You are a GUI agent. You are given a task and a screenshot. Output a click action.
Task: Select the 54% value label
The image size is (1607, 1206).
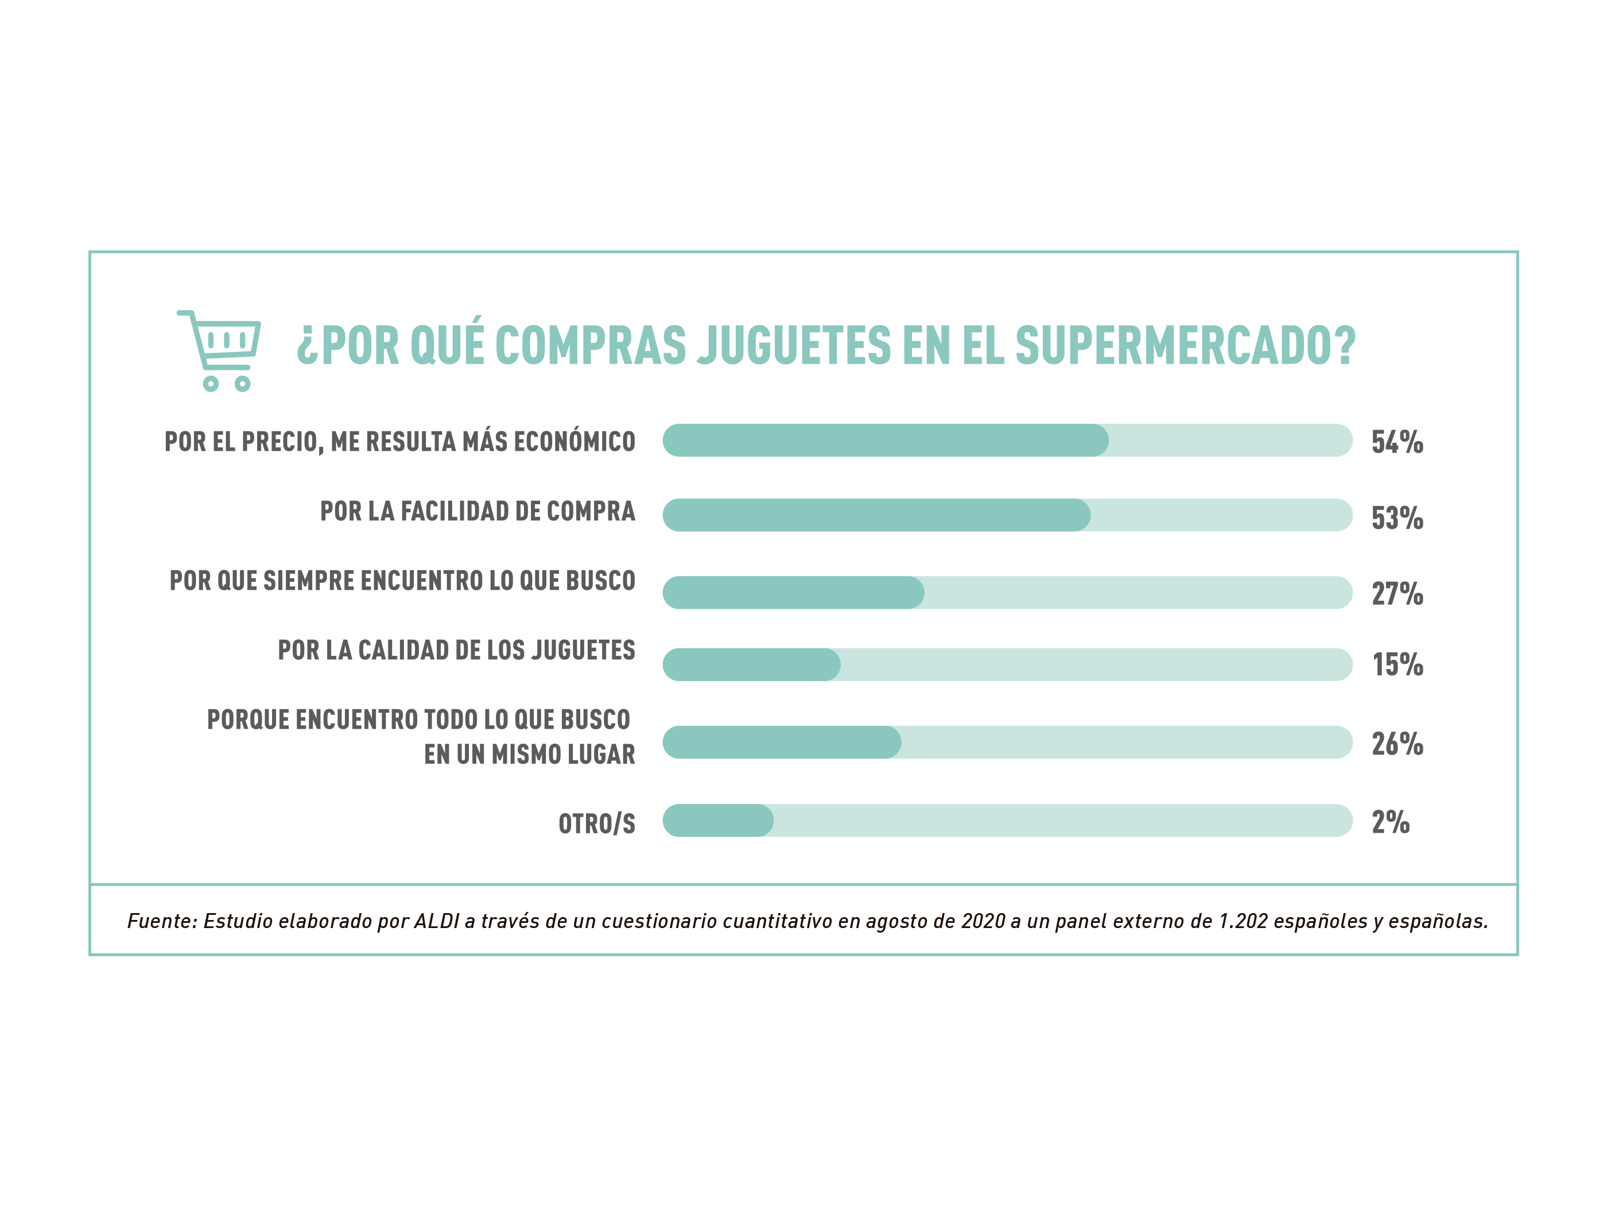click(x=1396, y=442)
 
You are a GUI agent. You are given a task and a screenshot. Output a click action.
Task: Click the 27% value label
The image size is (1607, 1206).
click(x=1396, y=594)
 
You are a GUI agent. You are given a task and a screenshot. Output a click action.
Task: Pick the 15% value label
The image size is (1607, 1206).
click(x=1396, y=664)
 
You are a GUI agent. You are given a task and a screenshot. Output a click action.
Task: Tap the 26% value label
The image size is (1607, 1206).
click(x=1396, y=744)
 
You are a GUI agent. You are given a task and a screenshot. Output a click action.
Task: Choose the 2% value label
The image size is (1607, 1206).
click(x=1390, y=822)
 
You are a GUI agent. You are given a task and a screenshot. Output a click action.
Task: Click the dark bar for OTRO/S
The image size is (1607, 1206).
click(x=718, y=820)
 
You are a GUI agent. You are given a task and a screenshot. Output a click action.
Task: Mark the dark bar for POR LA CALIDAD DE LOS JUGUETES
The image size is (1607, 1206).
click(x=751, y=664)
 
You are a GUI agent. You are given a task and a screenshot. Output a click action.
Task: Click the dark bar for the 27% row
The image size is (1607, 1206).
click(x=793, y=593)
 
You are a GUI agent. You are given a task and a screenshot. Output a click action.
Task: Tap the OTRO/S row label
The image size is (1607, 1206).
click(x=596, y=824)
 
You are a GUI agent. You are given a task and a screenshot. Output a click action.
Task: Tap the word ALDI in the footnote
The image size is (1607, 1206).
click(x=437, y=922)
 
